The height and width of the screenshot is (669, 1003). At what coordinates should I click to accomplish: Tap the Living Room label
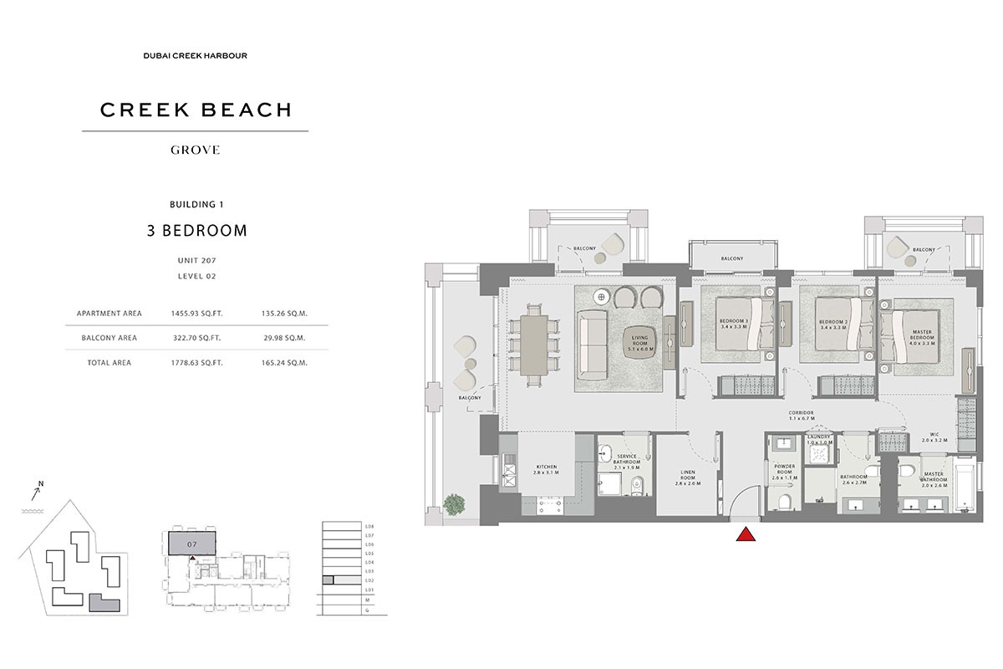(x=639, y=340)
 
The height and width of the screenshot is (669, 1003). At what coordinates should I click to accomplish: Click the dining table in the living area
(x=536, y=344)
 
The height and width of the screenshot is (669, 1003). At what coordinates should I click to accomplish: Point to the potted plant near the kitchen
(x=456, y=504)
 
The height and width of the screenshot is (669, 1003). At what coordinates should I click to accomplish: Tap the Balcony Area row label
(x=109, y=339)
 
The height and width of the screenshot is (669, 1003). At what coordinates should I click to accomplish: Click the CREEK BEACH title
(x=196, y=110)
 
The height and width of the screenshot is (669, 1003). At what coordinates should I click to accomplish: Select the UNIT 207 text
(x=196, y=261)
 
